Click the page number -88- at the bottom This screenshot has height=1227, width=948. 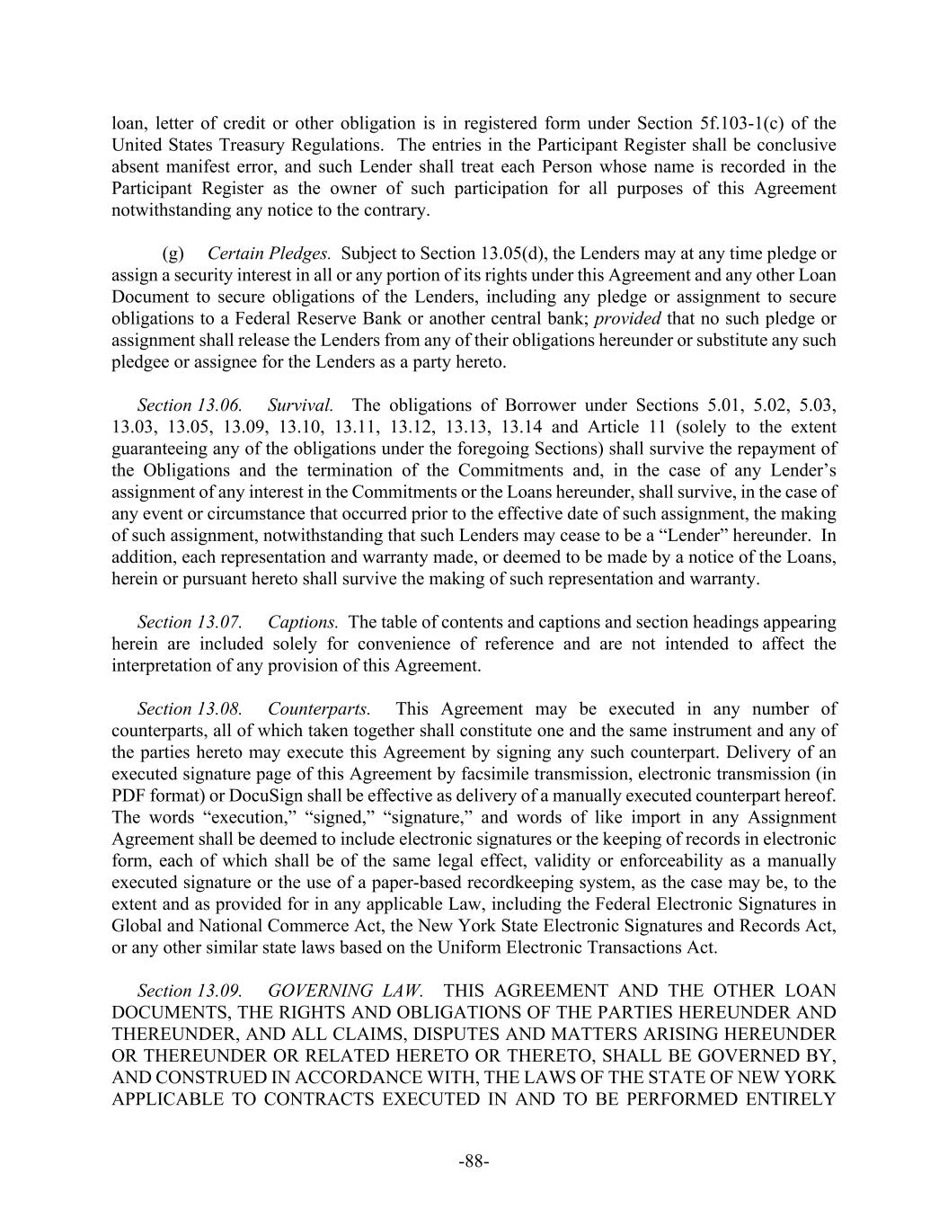474,1161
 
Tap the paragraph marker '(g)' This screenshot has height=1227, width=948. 173,254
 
